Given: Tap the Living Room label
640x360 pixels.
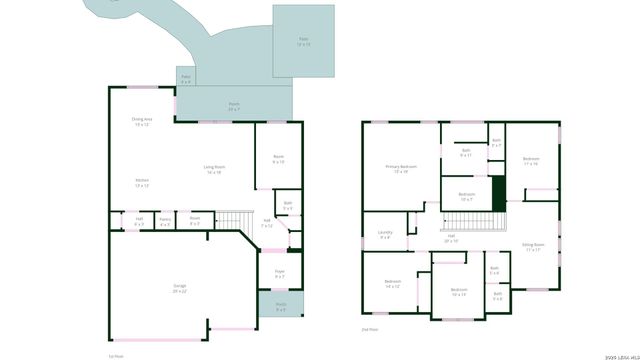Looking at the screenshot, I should pyautogui.click(x=214, y=168).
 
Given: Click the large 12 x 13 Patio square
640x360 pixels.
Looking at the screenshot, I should pyautogui.click(x=304, y=41).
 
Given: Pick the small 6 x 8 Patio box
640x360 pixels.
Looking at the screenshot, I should pyautogui.click(x=185, y=78).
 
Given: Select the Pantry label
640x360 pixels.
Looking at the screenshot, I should pyautogui.click(x=165, y=220).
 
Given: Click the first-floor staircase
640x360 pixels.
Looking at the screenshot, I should pyautogui.click(x=233, y=220).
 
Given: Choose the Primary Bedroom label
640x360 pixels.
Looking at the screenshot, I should pyautogui.click(x=401, y=168).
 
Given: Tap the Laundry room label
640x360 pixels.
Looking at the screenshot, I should pyautogui.click(x=385, y=236).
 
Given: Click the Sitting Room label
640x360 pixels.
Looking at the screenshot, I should pyautogui.click(x=533, y=246).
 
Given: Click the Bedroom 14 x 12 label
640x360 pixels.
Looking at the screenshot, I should pyautogui.click(x=392, y=283).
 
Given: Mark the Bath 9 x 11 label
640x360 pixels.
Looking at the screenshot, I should pyautogui.click(x=465, y=154).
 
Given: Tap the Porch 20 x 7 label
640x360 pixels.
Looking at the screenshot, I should pyautogui.click(x=233, y=105).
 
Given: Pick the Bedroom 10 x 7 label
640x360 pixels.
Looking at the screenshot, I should pyautogui.click(x=466, y=195).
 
